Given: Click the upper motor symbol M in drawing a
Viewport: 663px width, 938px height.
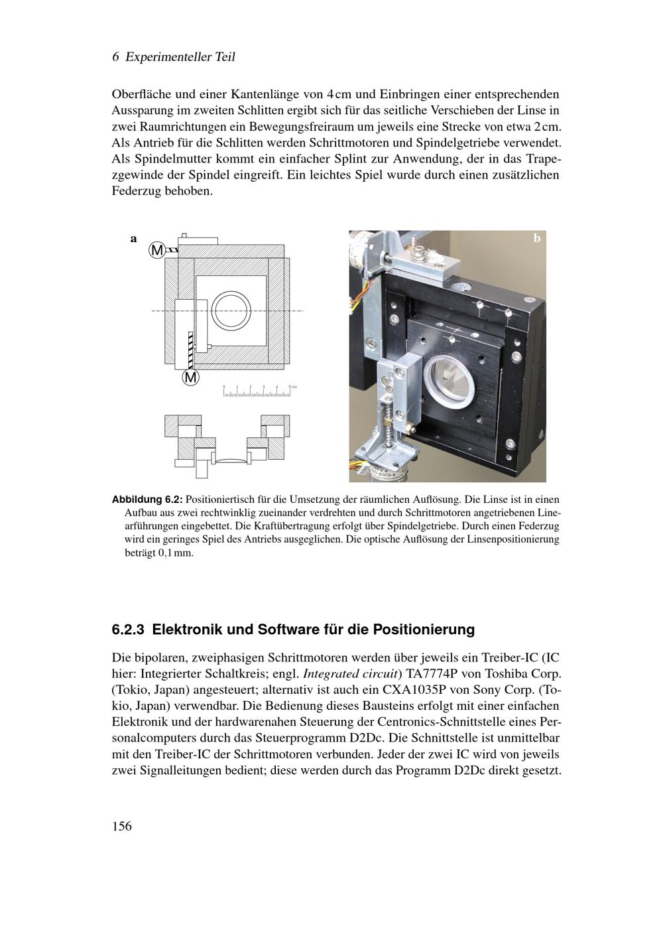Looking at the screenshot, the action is pos(157,250).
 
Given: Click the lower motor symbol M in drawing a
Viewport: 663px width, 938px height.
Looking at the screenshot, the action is pos(190,377).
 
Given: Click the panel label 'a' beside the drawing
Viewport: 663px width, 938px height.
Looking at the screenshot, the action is pos(133,239).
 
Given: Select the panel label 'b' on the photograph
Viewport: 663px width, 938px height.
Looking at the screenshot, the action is pos(537,238).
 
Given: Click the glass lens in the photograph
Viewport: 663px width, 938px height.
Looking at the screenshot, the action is pos(452,381).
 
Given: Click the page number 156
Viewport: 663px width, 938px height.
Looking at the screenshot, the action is pos(122,826).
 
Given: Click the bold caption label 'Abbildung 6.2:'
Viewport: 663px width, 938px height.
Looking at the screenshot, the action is pos(147,500).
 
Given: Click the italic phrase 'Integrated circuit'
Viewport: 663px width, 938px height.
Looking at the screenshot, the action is pos(350,674).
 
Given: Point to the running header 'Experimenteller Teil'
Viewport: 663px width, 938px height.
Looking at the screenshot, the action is pos(180,57).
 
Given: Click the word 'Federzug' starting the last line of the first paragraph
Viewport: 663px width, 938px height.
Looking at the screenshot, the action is pos(137,191).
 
